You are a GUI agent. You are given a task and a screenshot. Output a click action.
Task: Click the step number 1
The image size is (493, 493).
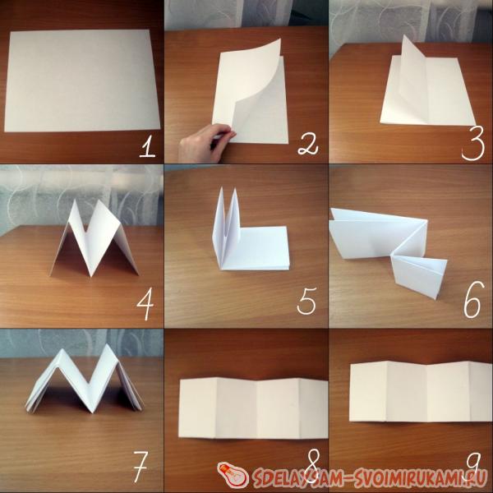pos(147,148)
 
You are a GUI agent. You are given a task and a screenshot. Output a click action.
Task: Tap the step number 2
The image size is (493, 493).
pos(308,145)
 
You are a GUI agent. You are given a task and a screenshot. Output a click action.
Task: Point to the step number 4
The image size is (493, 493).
pos(145,304)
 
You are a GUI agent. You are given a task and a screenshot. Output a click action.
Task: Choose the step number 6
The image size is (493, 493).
pos(472,300)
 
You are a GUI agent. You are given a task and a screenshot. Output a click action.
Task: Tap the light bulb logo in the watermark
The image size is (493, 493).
pos(233,475)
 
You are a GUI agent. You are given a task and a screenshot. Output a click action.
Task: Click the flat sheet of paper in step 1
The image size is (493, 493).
pos(81,81)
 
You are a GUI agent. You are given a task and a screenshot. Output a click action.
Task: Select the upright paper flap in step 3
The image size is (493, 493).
pos(413,81)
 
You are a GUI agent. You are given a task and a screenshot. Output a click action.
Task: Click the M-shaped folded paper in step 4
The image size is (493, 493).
pos(94,239)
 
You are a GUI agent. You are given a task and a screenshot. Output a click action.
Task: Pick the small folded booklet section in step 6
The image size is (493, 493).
pos(420,274)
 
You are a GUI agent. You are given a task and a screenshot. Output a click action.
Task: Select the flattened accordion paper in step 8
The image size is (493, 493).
pos(253,408)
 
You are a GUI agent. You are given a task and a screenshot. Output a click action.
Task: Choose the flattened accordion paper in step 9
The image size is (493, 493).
pos(421,391)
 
